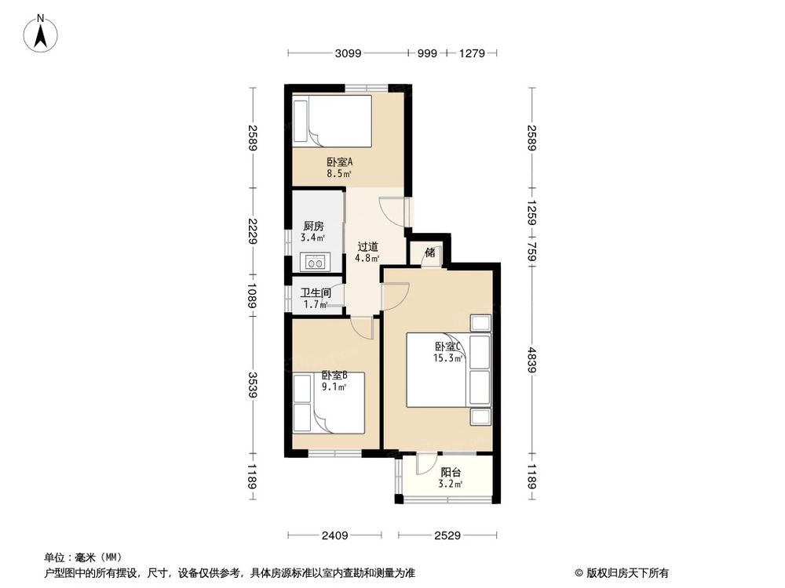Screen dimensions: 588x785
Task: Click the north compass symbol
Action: click(x=42, y=33)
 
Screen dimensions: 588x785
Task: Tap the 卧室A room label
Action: click(x=339, y=162)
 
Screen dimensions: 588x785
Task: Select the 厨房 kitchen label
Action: click(x=314, y=225)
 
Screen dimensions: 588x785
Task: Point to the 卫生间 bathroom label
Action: click(x=314, y=293)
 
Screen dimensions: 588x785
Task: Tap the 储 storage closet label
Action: click(x=429, y=252)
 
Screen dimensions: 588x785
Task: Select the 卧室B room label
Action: click(x=334, y=375)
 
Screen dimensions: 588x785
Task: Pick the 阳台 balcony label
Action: click(x=451, y=472)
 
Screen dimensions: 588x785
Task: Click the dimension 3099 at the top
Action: click(x=347, y=53)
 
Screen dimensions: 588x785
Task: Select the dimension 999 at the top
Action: click(x=426, y=53)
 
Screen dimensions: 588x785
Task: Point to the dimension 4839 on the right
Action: click(x=531, y=360)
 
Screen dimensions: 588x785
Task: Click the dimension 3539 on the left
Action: click(x=251, y=379)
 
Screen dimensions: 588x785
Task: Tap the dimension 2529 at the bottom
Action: click(x=447, y=536)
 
